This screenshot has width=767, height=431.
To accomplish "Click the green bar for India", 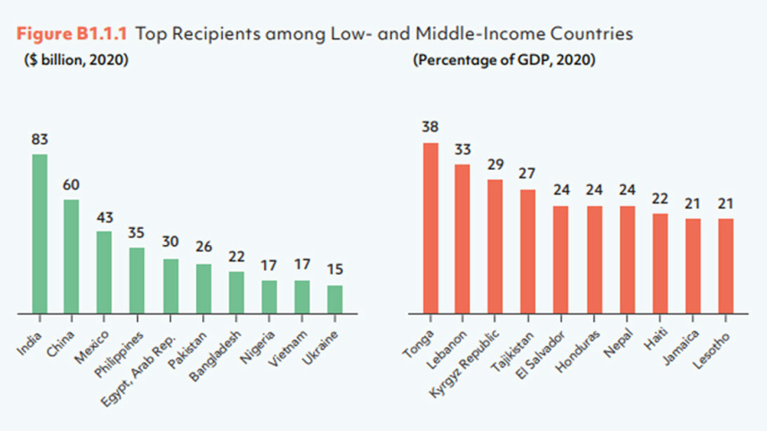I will tap(39, 234).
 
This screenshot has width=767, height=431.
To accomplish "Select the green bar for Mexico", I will tap(105, 273).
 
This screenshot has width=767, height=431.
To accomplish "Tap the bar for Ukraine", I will tap(335, 300).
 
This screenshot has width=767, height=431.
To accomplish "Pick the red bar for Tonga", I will tap(430, 229).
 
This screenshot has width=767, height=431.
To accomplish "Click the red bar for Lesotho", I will tap(725, 266).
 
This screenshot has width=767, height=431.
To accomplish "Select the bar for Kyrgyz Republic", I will tap(495, 247).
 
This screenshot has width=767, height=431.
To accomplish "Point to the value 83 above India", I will tap(39, 139).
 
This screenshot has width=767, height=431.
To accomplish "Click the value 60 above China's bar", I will tap(72, 185).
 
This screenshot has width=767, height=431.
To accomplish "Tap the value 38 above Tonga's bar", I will tap(430, 127).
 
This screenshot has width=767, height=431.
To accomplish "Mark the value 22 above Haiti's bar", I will tap(660, 199).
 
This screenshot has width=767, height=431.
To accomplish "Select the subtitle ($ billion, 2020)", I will tap(76, 61).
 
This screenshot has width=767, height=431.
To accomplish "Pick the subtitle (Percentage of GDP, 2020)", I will tap(505, 61).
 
